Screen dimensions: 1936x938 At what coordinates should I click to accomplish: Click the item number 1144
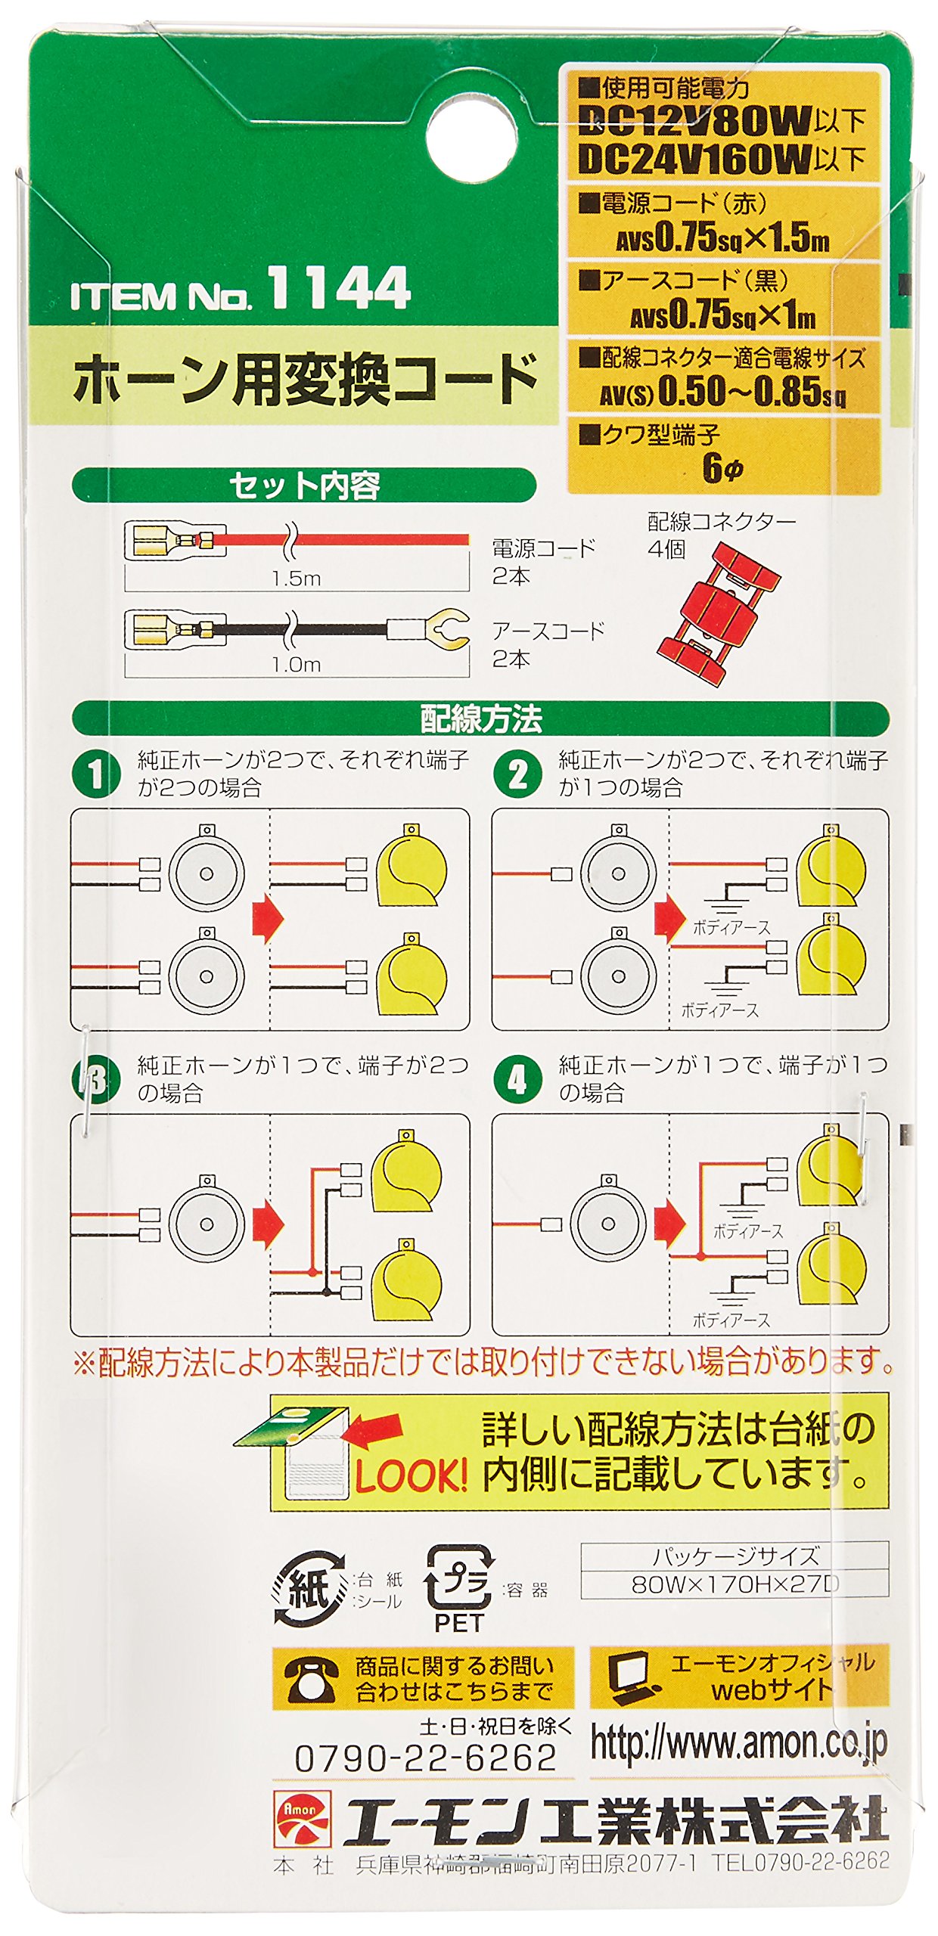[x=338, y=287]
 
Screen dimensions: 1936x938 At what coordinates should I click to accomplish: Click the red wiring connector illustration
[x=716, y=614]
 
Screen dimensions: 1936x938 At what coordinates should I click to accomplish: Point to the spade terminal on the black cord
[x=447, y=628]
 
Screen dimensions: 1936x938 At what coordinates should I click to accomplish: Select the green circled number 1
[x=95, y=774]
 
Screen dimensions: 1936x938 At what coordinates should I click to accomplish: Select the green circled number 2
[x=517, y=774]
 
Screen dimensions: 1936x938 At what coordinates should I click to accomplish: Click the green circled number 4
[x=517, y=1079]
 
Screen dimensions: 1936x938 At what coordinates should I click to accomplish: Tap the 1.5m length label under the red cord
[x=297, y=579]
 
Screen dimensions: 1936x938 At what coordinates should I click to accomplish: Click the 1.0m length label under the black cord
[x=297, y=664]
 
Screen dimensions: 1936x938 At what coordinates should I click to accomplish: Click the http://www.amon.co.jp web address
[x=738, y=1743]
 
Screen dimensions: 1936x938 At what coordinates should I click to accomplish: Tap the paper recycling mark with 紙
[x=309, y=1588]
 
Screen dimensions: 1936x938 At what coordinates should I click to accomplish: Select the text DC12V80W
[x=694, y=121]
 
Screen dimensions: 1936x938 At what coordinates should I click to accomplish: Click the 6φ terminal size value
[x=722, y=467]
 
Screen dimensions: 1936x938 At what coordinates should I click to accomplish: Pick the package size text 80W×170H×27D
[x=735, y=1584]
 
